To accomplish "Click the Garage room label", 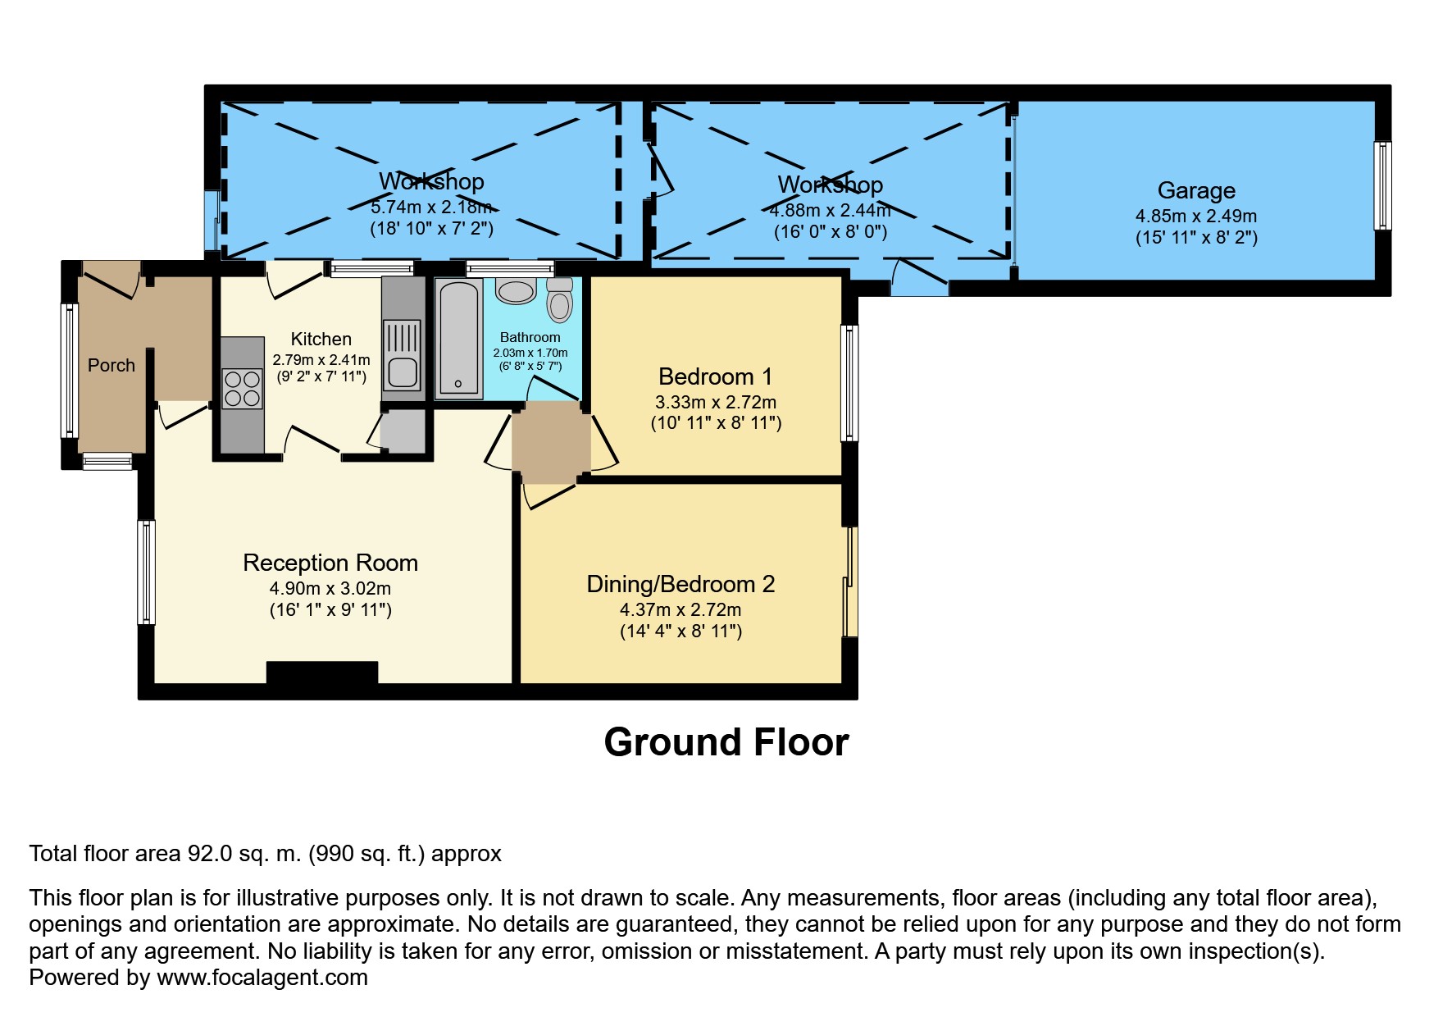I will click(x=1195, y=190).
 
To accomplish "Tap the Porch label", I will click(x=112, y=365).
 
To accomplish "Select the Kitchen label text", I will click(x=321, y=339).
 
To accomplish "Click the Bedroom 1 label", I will click(x=715, y=376).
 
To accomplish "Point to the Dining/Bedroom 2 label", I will click(x=680, y=584).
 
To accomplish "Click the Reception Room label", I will click(x=330, y=563).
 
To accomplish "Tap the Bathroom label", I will click(x=530, y=337).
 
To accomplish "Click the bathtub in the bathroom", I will click(x=458, y=337).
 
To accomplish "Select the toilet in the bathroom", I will click(x=560, y=300).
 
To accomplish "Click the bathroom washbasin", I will click(x=516, y=290).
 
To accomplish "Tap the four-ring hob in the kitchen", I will click(x=242, y=389).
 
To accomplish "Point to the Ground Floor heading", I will click(x=726, y=742).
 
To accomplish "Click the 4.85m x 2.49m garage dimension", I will click(x=1195, y=217).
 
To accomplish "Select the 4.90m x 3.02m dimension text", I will click(x=330, y=589).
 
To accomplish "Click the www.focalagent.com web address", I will click(x=262, y=978).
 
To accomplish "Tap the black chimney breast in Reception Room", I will click(x=322, y=672).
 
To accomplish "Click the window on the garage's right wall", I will click(x=1382, y=186).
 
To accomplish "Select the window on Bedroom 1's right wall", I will click(x=850, y=383).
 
